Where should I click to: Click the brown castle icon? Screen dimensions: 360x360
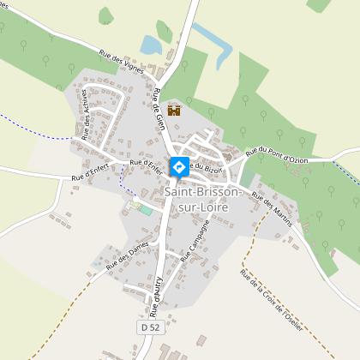point(175,111)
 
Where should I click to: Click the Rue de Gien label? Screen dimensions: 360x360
point(159,111)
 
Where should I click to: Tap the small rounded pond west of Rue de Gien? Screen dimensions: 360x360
point(151,44)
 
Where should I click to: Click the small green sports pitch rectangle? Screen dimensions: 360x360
point(146,210)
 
